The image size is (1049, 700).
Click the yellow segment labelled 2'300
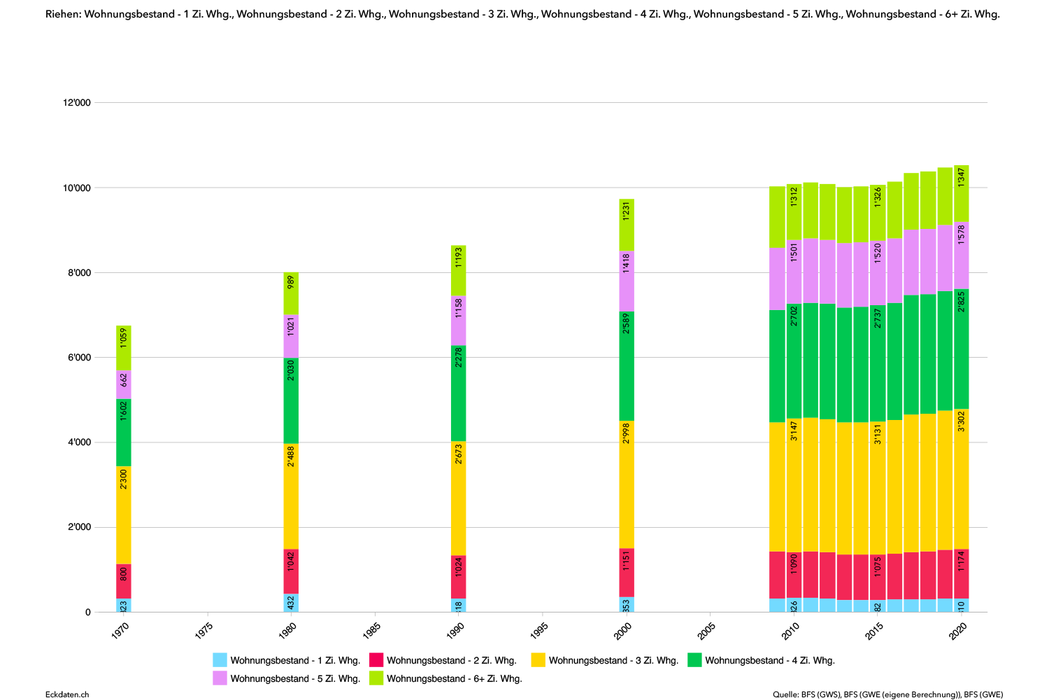pos(124,514)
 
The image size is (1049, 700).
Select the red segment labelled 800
pos(124,581)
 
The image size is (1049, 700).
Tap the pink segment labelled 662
pos(124,384)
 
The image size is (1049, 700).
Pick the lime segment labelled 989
pos(291,293)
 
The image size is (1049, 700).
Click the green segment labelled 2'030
pos(291,400)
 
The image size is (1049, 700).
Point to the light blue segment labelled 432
pos(291,603)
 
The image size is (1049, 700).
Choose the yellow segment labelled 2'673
pos(458,498)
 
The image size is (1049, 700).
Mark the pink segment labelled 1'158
pos(458,321)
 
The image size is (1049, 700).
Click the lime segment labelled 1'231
pos(627,225)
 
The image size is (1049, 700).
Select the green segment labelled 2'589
pos(627,366)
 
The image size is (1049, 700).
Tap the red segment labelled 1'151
pos(627,573)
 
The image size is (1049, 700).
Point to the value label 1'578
pos(962,234)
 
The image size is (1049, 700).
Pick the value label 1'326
pos(878,197)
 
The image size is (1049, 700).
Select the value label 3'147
pos(794,430)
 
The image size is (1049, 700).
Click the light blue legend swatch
pos(220,659)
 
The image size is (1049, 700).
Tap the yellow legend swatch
pos(538,659)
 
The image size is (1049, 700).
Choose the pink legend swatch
pos(220,678)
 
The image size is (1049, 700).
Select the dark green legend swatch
pos(694,659)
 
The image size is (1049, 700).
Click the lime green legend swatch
pos(376,678)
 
